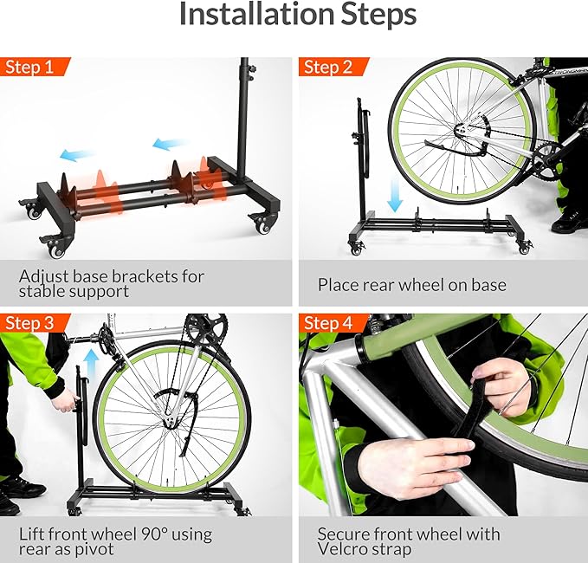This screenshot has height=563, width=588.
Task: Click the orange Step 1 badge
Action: pos(35,68)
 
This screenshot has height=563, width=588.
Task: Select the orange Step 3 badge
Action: pos(35,323)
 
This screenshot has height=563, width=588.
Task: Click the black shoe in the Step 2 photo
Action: pos(569,223)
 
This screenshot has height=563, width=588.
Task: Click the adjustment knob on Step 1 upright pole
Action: pos(244,68)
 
